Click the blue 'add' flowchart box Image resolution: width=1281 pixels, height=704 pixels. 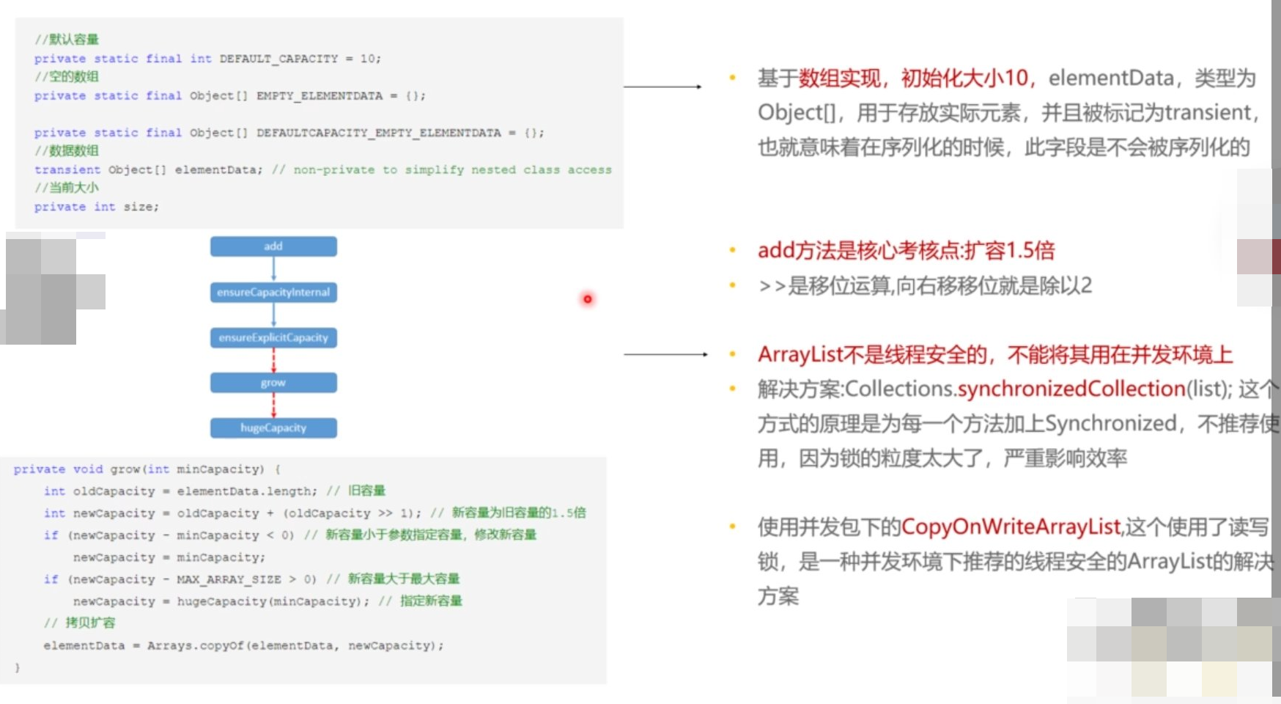273,246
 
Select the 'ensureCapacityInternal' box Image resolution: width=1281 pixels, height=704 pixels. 273,293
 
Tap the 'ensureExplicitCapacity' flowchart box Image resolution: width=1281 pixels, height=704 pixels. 273,338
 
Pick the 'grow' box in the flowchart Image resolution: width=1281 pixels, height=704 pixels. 273,383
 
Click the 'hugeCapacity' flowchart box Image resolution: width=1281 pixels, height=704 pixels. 273,428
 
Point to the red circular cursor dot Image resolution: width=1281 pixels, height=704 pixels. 587,299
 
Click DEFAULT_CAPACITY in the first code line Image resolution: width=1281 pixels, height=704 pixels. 278,59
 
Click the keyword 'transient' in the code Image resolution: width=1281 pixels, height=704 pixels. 67,170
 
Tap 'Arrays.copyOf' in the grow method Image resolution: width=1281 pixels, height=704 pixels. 194,646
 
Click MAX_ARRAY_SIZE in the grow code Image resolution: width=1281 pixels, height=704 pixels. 229,580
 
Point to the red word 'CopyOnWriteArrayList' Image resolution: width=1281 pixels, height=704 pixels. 1011,527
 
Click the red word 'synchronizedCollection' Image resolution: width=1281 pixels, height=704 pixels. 1071,389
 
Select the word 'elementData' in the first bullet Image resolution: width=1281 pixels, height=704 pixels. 1110,78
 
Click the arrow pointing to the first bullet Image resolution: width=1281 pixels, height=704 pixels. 662,87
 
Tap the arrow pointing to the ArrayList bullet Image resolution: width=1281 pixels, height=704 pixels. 665,354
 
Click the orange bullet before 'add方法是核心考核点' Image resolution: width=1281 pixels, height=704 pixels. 732,251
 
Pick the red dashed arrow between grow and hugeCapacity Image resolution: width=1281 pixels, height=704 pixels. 274,405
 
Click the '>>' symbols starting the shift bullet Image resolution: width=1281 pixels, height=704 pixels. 772,286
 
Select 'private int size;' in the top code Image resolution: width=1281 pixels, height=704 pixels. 96,208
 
